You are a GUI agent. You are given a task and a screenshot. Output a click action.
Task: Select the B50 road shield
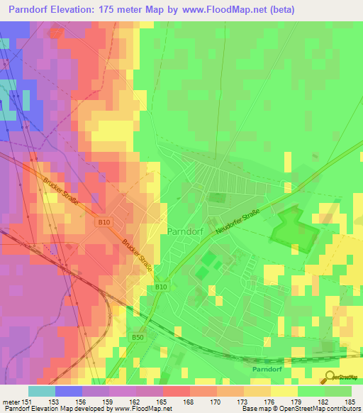[137, 338]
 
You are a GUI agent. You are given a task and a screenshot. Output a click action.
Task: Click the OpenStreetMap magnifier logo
[330, 377]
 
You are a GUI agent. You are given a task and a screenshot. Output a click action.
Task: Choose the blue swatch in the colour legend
[69, 391]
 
